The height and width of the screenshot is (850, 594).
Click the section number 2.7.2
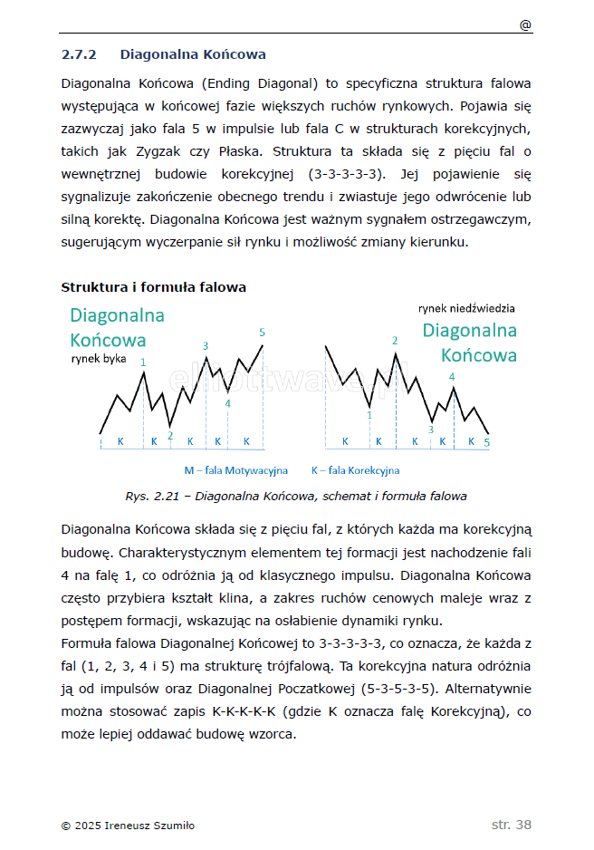(x=79, y=54)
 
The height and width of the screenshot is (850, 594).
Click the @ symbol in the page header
(x=525, y=25)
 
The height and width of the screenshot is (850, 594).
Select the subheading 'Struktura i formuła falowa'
(x=153, y=287)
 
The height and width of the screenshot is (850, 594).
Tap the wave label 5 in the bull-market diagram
(x=262, y=333)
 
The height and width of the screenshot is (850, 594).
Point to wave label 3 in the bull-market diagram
(x=206, y=346)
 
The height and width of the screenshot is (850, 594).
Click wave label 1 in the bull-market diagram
(x=143, y=362)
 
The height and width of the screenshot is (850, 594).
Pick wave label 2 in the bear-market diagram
(x=395, y=341)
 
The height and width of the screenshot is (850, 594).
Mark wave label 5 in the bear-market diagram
(x=486, y=443)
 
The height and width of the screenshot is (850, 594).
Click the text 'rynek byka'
(x=99, y=358)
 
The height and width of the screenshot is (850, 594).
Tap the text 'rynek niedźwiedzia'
(x=467, y=309)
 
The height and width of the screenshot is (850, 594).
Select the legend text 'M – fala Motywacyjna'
(x=235, y=470)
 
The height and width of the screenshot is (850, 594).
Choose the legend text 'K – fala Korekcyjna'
(x=355, y=470)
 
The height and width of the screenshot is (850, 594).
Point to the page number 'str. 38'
(x=512, y=825)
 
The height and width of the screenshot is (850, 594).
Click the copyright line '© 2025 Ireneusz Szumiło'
(x=128, y=826)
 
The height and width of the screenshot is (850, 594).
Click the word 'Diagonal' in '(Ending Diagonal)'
(x=283, y=83)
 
